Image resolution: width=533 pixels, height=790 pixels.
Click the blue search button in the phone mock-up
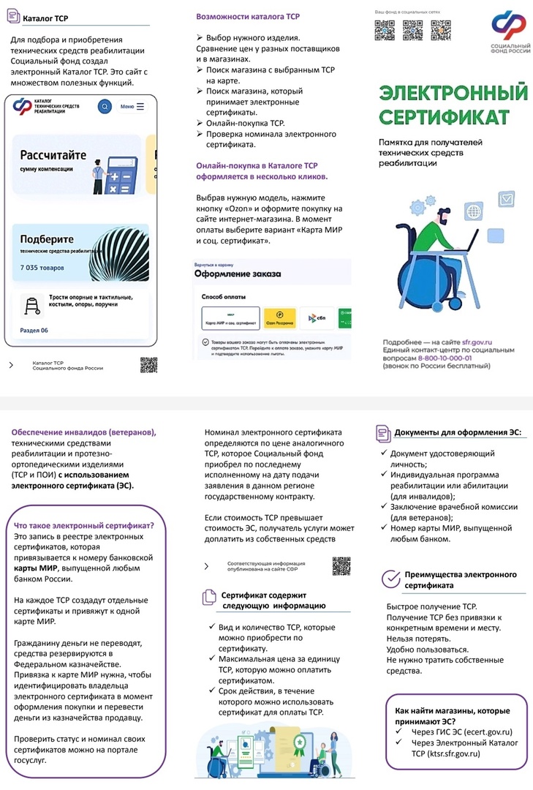105,107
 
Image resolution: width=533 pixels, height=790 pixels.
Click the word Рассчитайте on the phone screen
53,155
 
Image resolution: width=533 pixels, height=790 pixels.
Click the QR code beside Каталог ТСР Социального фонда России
148,365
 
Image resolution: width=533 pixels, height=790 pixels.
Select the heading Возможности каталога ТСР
249,16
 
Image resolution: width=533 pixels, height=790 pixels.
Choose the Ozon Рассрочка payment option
260,318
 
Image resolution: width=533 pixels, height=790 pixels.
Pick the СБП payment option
317,318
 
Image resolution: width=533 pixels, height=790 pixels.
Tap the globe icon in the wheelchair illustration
473,213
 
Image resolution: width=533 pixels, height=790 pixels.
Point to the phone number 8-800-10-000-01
455,358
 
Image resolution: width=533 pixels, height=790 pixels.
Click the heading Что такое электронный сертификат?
84,525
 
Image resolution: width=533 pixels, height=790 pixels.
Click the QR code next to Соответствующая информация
341,565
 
